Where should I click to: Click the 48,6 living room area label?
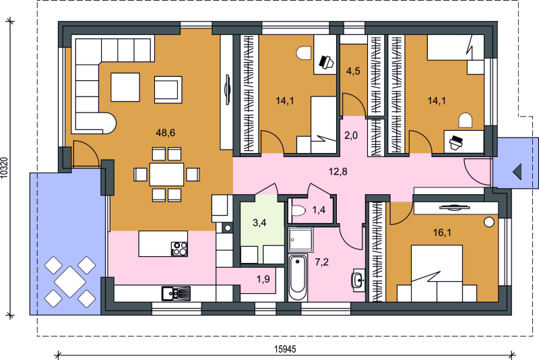pyautogui.click(x=165, y=132)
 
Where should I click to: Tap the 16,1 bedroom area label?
pyautogui.click(x=442, y=233)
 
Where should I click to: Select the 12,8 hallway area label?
pyautogui.click(x=338, y=171)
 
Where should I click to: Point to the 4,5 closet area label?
pyautogui.click(x=353, y=71)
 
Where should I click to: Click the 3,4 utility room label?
pyautogui.click(x=259, y=222)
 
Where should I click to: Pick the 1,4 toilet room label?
pyautogui.click(x=319, y=210)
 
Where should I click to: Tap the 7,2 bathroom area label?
pyautogui.click(x=322, y=262)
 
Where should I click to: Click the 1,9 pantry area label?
pyautogui.click(x=263, y=279)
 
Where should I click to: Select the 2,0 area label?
pyautogui.click(x=351, y=136)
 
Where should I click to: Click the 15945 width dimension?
pyautogui.click(x=285, y=349)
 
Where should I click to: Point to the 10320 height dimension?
pyautogui.click(x=4, y=168)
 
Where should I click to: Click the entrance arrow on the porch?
pyautogui.click(x=517, y=172)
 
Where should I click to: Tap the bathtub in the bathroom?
pyautogui.click(x=298, y=278)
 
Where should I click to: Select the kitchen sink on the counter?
pyautogui.click(x=176, y=293)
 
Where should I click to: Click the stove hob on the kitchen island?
pyautogui.click(x=179, y=249)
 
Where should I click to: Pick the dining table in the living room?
pyautogui.click(x=166, y=175)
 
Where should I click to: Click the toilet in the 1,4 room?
pyautogui.click(x=298, y=210)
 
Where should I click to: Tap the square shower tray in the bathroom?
pyautogui.click(x=300, y=239)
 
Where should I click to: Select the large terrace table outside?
pyautogui.click(x=70, y=282)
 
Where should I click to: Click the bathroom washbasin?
pyautogui.click(x=358, y=280)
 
